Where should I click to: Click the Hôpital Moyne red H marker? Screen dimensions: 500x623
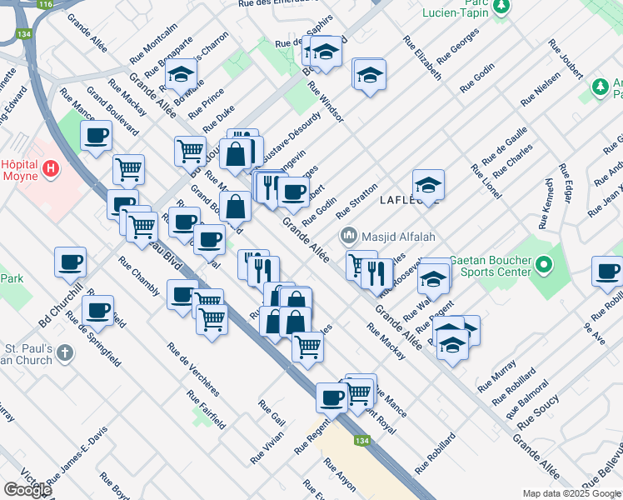52,169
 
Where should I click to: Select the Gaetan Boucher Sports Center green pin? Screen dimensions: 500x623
544,266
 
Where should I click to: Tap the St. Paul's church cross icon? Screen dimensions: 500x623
65,354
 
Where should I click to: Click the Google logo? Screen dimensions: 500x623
27,490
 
